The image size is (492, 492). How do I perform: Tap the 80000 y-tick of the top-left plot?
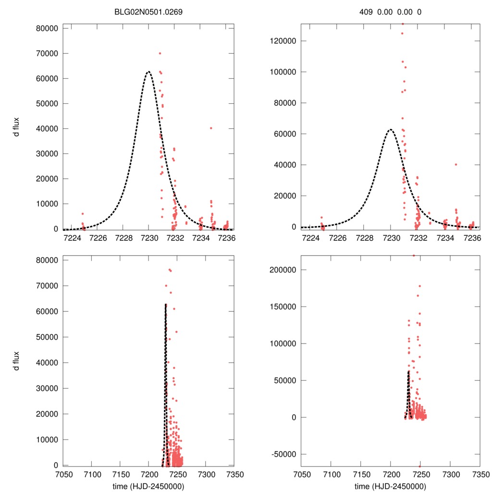pyautogui.click(x=48, y=28)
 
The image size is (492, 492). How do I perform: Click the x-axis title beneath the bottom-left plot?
pyautogui.click(x=148, y=486)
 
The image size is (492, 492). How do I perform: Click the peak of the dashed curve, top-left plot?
pyautogui.click(x=148, y=72)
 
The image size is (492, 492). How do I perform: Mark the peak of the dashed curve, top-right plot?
pyautogui.click(x=391, y=129)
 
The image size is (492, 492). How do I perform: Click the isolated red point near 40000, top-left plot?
pyautogui.click(x=211, y=128)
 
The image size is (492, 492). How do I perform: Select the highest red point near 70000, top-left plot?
pyautogui.click(x=160, y=53)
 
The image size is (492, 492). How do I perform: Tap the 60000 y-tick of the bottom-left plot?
pyautogui.click(x=48, y=311)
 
